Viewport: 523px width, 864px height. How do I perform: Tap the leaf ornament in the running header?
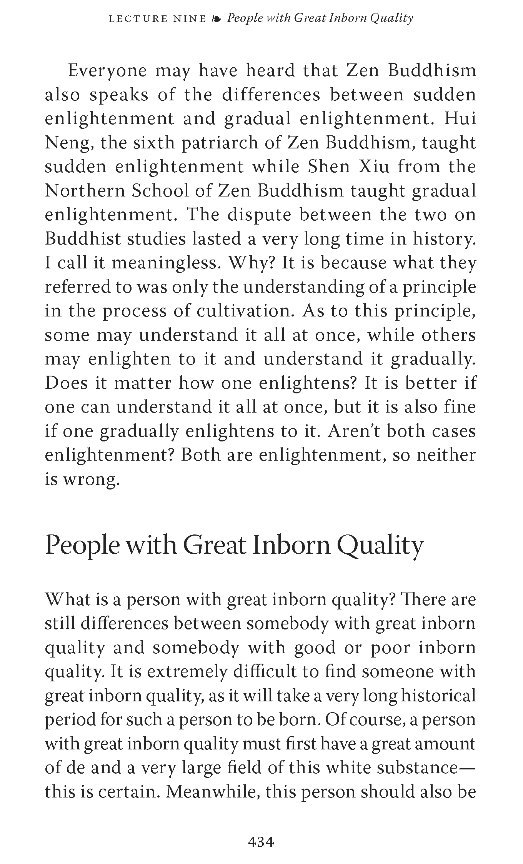click(x=217, y=18)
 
